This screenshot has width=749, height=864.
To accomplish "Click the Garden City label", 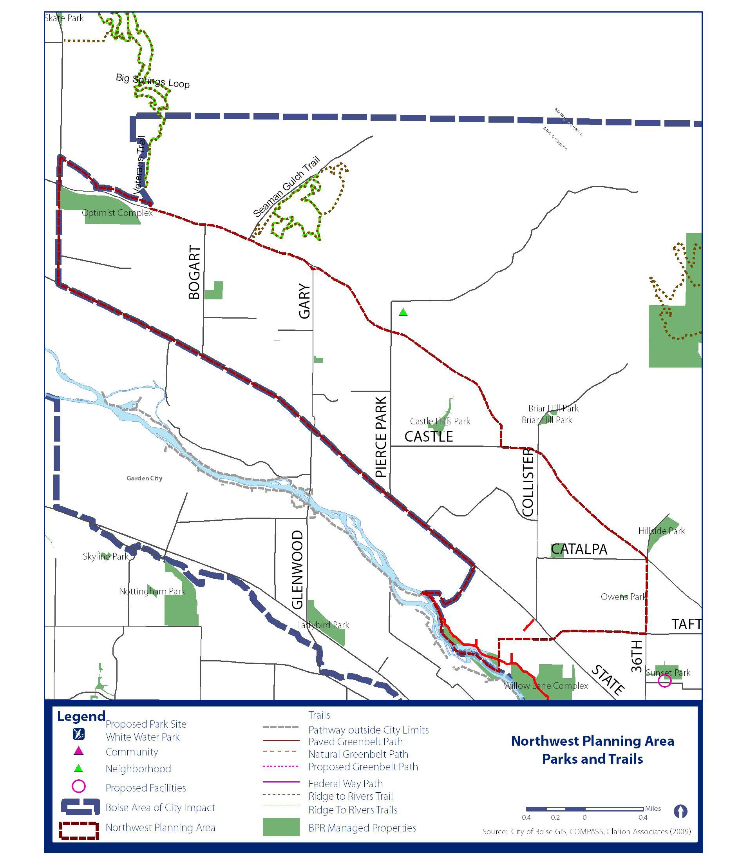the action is pyautogui.click(x=144, y=478).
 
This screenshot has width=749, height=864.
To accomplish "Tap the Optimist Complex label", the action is pyautogui.click(x=118, y=213).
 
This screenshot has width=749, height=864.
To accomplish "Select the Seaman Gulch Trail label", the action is pyautogui.click(x=287, y=187).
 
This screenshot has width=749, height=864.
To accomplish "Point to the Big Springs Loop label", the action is pyautogui.click(x=152, y=81).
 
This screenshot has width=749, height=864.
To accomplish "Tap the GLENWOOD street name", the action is pyautogui.click(x=297, y=569).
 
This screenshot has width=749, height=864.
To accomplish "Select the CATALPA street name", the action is pyautogui.click(x=579, y=549).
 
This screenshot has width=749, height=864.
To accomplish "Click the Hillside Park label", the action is pyautogui.click(x=661, y=531).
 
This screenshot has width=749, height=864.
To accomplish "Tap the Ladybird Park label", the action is pyautogui.click(x=323, y=625).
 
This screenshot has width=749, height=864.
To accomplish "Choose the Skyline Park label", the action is pyautogui.click(x=105, y=556).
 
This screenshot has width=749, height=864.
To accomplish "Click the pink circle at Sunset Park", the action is pyautogui.click(x=664, y=681).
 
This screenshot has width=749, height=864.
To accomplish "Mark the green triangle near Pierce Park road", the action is pyautogui.click(x=403, y=312).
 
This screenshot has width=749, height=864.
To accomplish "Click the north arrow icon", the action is pyautogui.click(x=680, y=811).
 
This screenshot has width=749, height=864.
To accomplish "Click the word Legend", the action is pyautogui.click(x=81, y=716).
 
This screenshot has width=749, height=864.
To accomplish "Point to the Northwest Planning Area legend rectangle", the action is pyautogui.click(x=79, y=831).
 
